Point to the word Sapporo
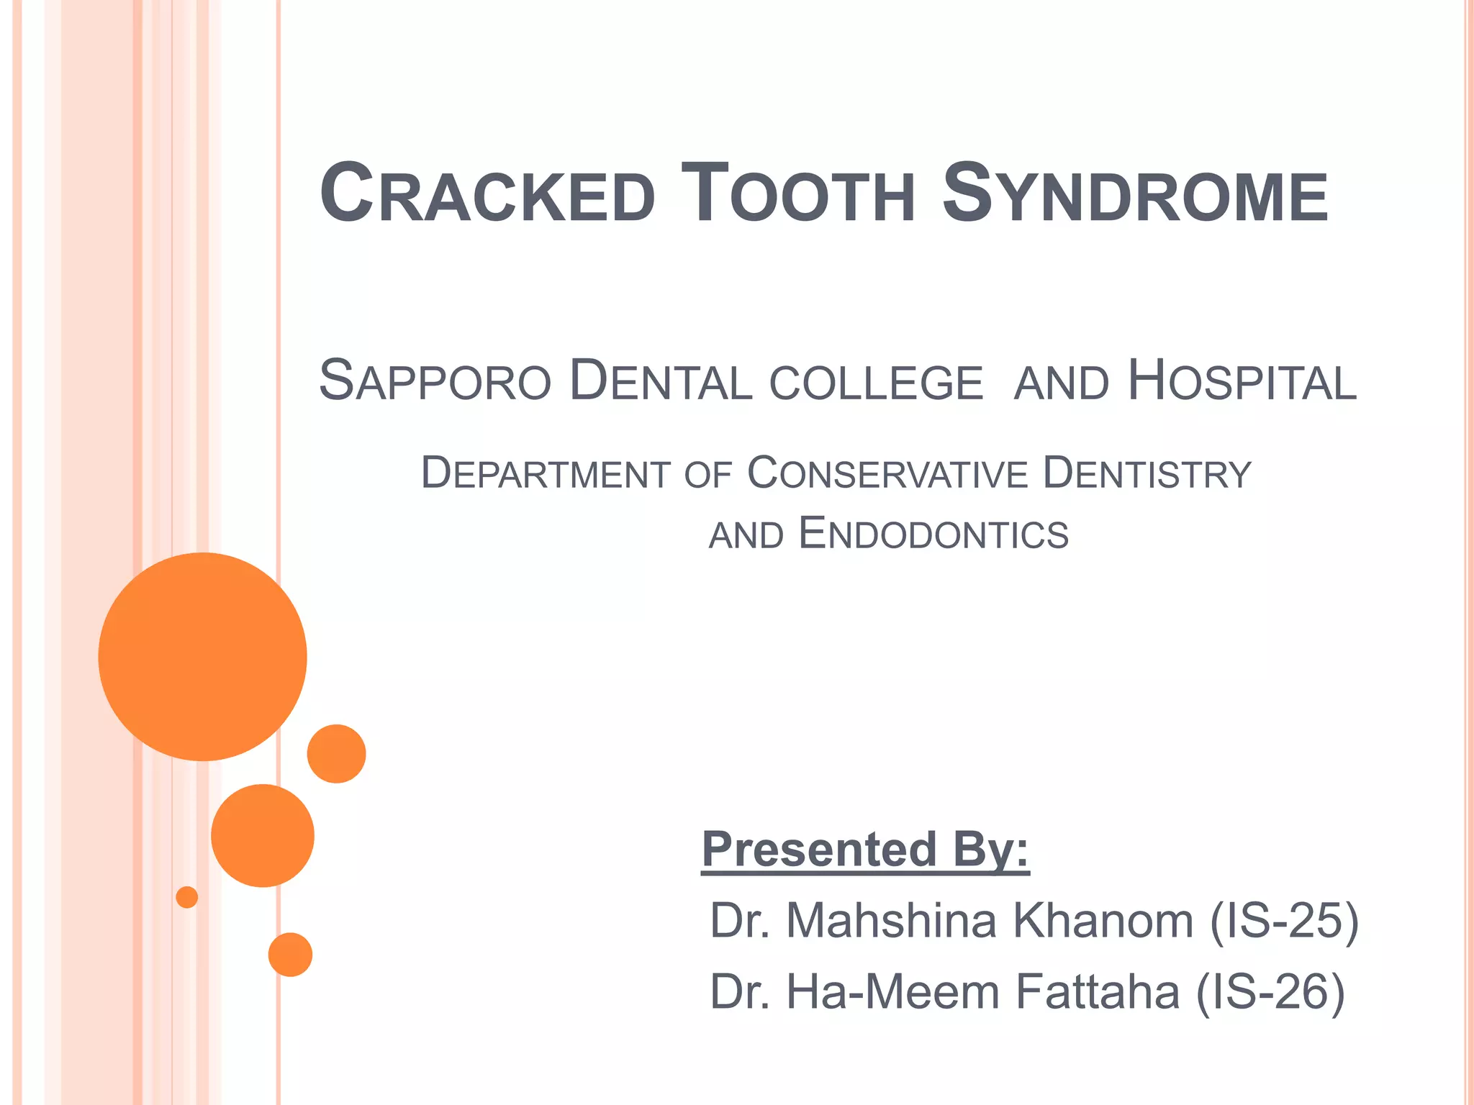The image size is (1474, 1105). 435,381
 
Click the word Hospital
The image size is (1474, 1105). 1242,381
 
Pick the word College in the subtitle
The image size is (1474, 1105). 876,383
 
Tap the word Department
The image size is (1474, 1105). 546,473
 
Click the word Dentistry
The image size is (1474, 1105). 1147,473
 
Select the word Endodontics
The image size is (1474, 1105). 933,535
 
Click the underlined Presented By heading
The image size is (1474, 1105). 865,850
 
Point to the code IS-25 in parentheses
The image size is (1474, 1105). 1284,920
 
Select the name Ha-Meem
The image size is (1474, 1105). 892,991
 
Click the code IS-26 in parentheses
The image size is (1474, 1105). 1270,991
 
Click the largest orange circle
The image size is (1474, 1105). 203,656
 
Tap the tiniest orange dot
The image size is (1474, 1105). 187,897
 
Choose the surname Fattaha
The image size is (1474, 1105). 1098,991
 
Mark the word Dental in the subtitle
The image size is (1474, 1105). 661,381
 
